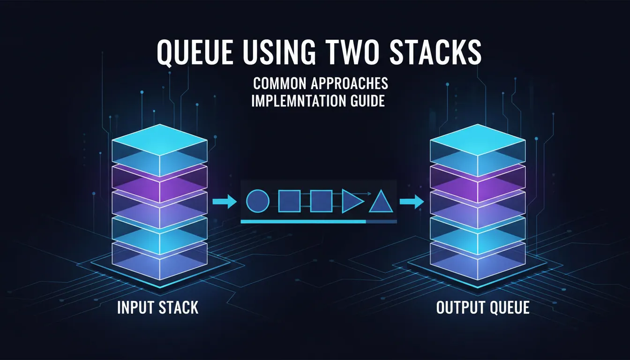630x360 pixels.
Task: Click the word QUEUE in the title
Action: (x=195, y=53)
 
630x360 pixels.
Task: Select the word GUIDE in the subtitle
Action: (x=367, y=101)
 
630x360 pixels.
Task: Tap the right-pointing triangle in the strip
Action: (x=352, y=201)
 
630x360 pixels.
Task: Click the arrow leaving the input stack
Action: (x=225, y=201)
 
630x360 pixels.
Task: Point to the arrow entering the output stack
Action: (x=412, y=202)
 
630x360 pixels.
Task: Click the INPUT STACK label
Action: (x=158, y=307)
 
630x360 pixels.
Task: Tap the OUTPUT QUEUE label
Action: (x=483, y=307)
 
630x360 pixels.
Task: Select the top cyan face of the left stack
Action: (x=159, y=140)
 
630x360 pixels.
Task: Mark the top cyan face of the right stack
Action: (x=478, y=140)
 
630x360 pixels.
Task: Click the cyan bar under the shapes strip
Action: (x=303, y=222)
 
